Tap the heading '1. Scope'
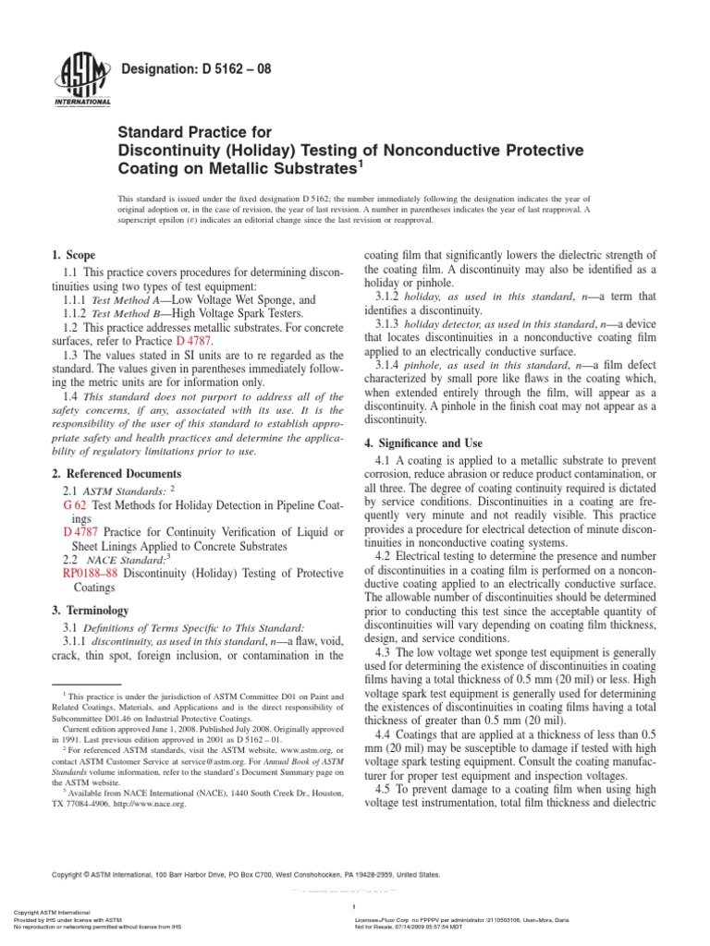[x=73, y=255]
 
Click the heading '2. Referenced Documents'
[x=111, y=473]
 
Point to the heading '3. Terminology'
[x=89, y=611]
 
